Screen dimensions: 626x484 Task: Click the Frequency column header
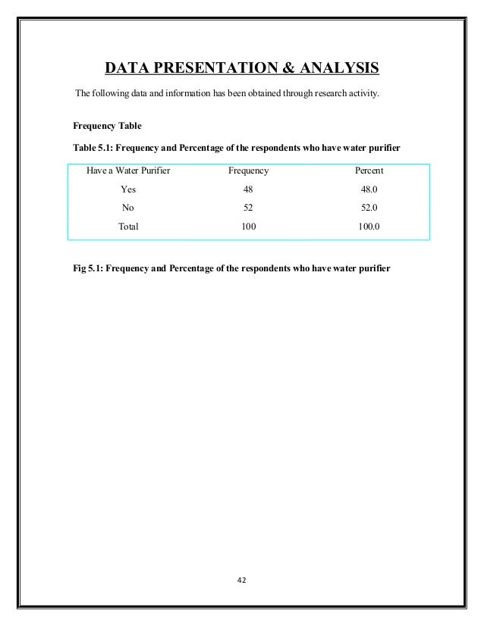pos(248,171)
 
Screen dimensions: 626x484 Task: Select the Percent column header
pos(369,171)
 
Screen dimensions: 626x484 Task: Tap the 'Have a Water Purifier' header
pos(128,171)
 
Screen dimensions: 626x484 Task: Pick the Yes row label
pos(128,189)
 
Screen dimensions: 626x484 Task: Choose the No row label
pos(128,208)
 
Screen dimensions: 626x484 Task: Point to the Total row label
pos(128,226)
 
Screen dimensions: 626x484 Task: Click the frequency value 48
pos(248,189)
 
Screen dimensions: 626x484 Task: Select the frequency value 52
pos(248,208)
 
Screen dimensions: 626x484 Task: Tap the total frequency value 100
pos(248,226)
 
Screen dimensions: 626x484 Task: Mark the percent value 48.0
pos(369,189)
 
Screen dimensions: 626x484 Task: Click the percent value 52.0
pos(369,208)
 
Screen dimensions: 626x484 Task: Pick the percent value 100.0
pos(369,226)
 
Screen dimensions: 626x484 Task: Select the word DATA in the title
pos(126,70)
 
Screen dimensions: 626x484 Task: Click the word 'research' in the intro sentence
pos(331,94)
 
